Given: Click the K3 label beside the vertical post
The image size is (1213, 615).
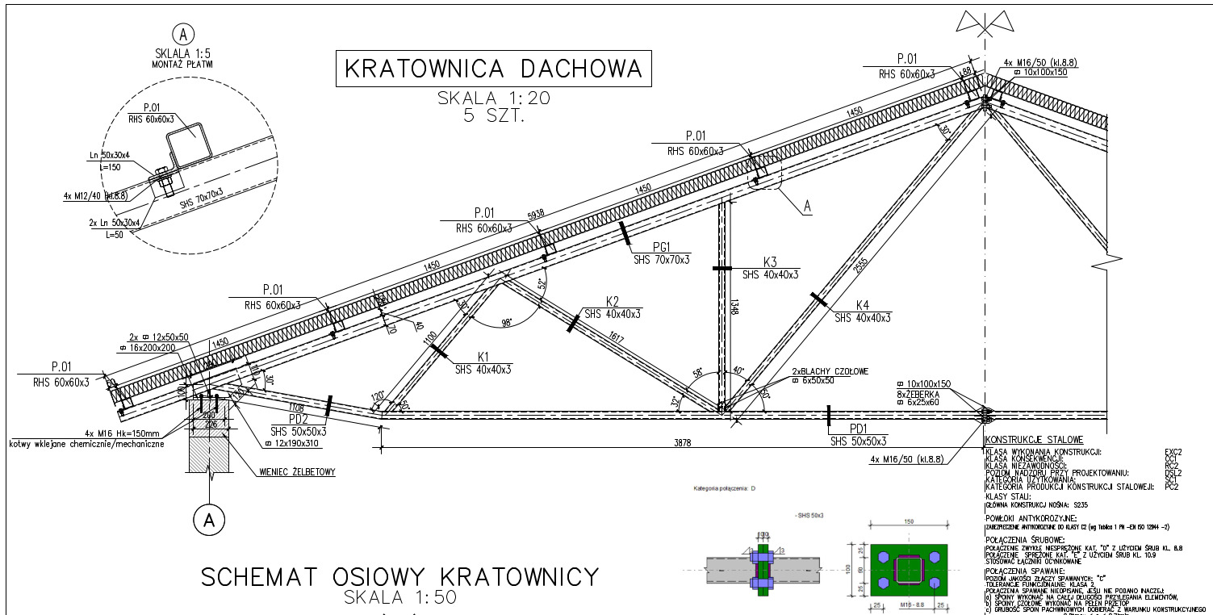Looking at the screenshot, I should (770, 262).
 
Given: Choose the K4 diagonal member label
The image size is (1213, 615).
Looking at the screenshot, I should (863, 305).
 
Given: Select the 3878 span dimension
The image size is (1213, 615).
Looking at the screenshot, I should (682, 441).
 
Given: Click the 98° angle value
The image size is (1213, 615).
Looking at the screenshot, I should (507, 322).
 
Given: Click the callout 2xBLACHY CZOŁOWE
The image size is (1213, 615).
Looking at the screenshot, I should (829, 371).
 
